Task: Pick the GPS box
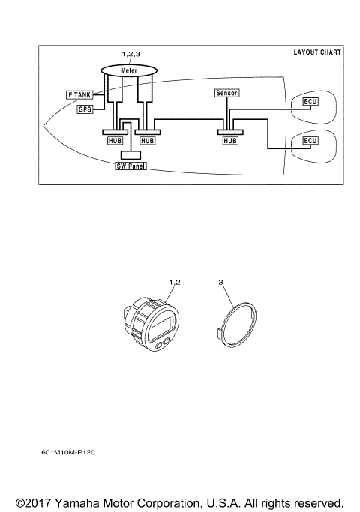pos(85,109)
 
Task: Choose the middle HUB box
pos(148,140)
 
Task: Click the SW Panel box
pos(130,164)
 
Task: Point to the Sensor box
pos(226,94)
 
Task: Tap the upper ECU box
pos(310,101)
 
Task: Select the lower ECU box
pos(310,140)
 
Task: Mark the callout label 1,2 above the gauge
pos(176,281)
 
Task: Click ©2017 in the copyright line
pos(34,502)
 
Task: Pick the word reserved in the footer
pos(316,502)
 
